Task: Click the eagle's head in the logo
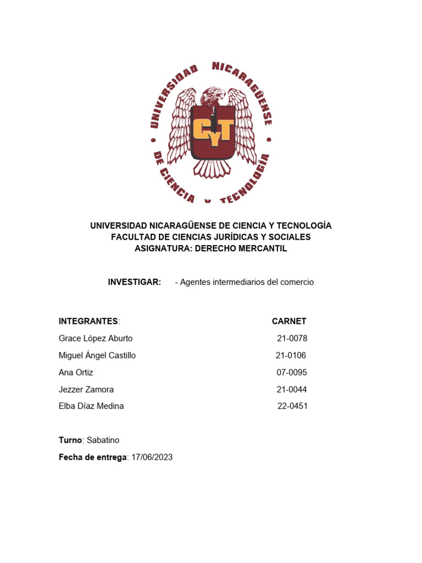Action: (x=213, y=98)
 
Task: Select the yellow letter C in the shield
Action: (x=201, y=130)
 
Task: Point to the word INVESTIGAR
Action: (x=135, y=282)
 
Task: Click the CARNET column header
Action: (x=289, y=321)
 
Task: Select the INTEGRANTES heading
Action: (x=88, y=321)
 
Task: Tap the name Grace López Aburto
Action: (x=96, y=338)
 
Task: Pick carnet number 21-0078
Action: (x=292, y=338)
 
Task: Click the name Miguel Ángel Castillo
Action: (x=97, y=355)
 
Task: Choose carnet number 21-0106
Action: (x=291, y=355)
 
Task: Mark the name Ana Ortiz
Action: (x=76, y=372)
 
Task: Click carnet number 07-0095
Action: (x=292, y=372)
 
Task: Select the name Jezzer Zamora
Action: (x=86, y=389)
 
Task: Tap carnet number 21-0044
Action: (x=292, y=389)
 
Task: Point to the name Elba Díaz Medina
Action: (x=91, y=406)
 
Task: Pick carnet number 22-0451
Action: (x=292, y=406)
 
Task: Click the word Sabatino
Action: (x=103, y=440)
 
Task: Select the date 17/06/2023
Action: (x=152, y=457)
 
